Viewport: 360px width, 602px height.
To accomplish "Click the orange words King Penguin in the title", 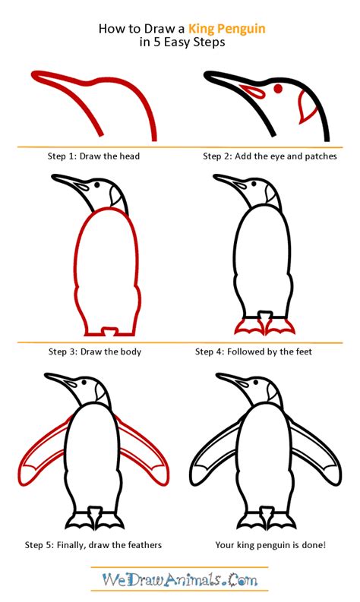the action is point(226,30).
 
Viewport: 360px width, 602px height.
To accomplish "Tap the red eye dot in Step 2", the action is point(278,89).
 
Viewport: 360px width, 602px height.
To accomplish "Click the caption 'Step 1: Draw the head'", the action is point(93,156).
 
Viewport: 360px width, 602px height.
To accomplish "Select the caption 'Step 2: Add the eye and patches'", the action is point(270,156).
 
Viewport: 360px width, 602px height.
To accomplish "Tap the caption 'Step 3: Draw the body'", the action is point(94,351).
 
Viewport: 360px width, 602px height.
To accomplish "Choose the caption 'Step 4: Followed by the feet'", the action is point(253,351).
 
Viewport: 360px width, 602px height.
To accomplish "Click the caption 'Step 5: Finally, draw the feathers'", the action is point(93,545).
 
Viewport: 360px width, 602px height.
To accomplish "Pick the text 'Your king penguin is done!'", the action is point(270,545).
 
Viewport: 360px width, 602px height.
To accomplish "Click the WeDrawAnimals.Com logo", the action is point(180,579).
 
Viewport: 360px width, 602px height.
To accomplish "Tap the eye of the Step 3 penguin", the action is point(96,184).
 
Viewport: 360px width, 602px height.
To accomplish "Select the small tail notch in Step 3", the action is point(109,331).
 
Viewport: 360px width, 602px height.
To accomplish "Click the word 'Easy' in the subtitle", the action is point(177,43).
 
